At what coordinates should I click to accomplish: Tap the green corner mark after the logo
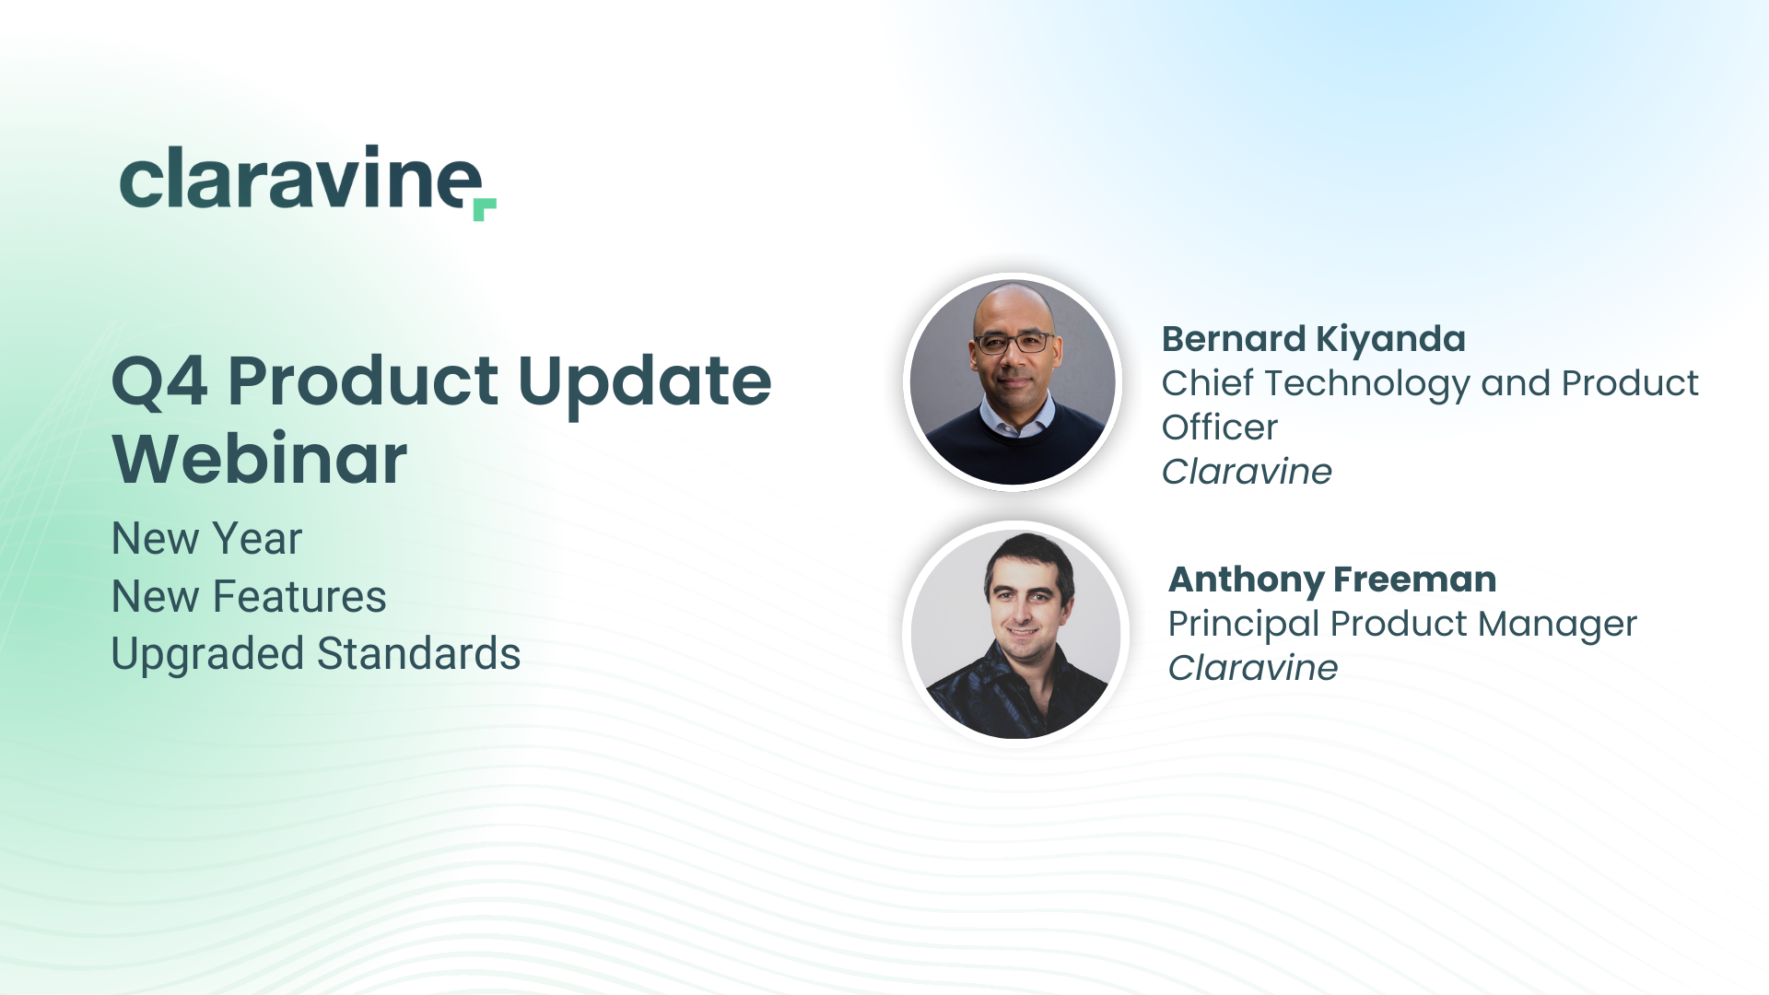pyautogui.click(x=484, y=208)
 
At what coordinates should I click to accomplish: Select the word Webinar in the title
pyautogui.click(x=260, y=458)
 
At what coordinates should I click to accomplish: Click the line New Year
pyautogui.click(x=206, y=538)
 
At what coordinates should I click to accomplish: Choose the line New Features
pyautogui.click(x=249, y=596)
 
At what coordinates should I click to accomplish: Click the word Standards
pyautogui.click(x=419, y=653)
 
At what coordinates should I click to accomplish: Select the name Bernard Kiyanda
pyautogui.click(x=1313, y=340)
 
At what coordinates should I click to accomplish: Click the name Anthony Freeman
pyautogui.click(x=1332, y=579)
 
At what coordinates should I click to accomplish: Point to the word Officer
pyautogui.click(x=1220, y=427)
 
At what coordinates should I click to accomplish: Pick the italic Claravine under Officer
pyautogui.click(x=1247, y=472)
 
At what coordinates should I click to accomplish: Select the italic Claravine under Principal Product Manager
pyautogui.click(x=1253, y=668)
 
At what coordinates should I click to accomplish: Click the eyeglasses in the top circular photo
pyautogui.click(x=1013, y=343)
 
